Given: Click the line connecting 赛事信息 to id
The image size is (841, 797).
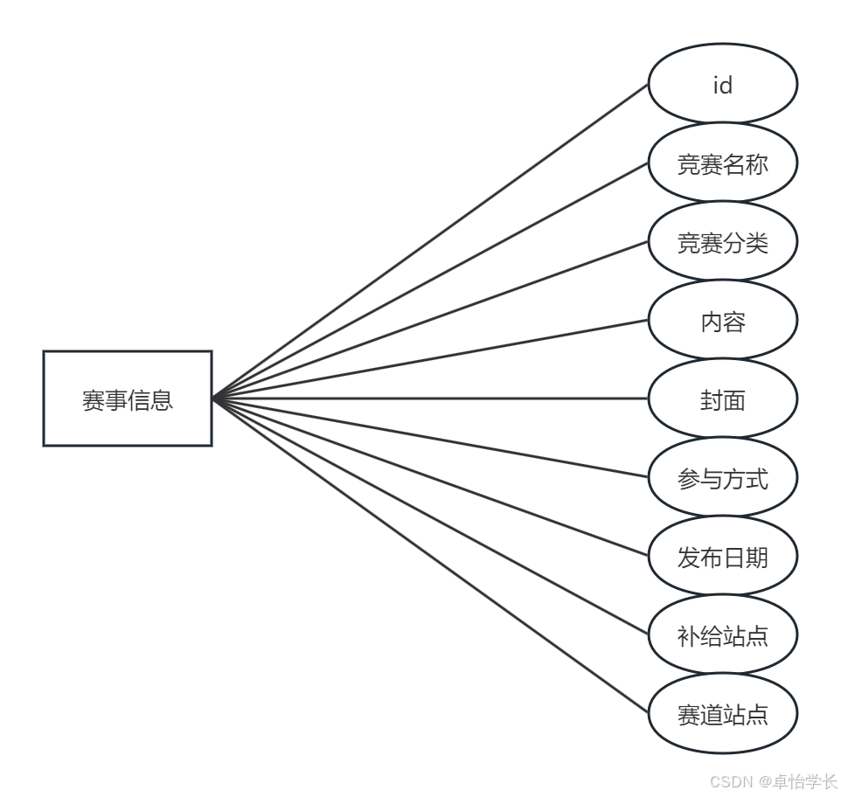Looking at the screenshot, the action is [x=430, y=241].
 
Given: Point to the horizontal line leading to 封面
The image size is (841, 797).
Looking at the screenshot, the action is [x=430, y=398].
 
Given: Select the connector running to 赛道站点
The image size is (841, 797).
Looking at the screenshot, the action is [x=430, y=556].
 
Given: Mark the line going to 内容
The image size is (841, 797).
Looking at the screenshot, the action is [x=430, y=359].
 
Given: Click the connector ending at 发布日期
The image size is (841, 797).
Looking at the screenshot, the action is [x=430, y=477].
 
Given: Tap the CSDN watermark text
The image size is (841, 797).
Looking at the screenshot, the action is [x=773, y=781].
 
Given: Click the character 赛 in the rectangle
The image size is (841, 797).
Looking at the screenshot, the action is [x=94, y=400].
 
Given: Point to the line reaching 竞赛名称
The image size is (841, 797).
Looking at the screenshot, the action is [x=430, y=281].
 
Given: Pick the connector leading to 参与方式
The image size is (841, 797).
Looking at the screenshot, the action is [x=430, y=438].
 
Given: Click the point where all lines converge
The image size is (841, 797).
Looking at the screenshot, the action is [x=213, y=398].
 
